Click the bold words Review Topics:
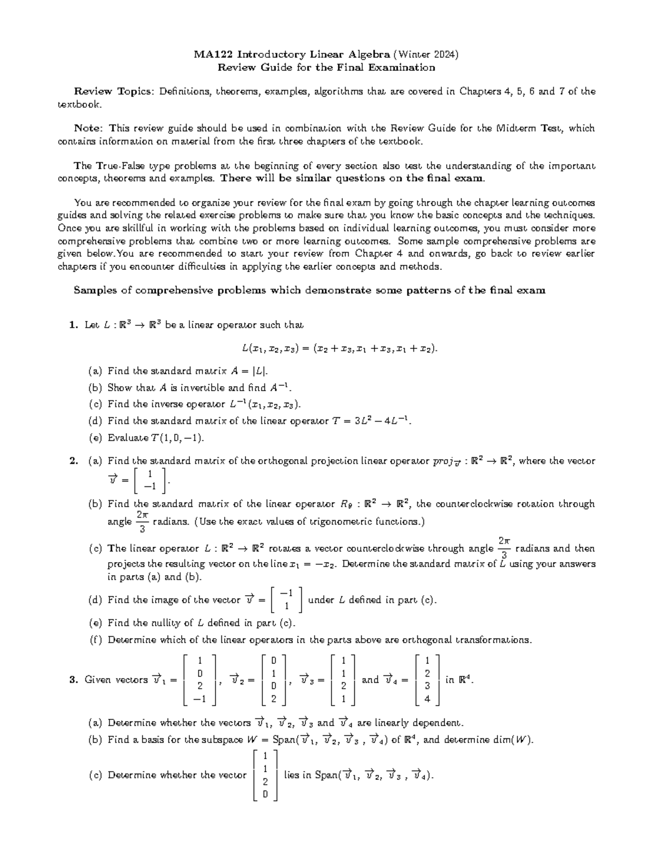[x=114, y=91]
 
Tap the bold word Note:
[x=88, y=128]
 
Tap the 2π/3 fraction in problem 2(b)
[x=142, y=521]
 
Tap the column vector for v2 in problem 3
[x=274, y=680]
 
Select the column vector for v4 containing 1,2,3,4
[x=427, y=680]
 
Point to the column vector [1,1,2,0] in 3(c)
[x=265, y=775]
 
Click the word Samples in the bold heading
[x=95, y=291]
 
